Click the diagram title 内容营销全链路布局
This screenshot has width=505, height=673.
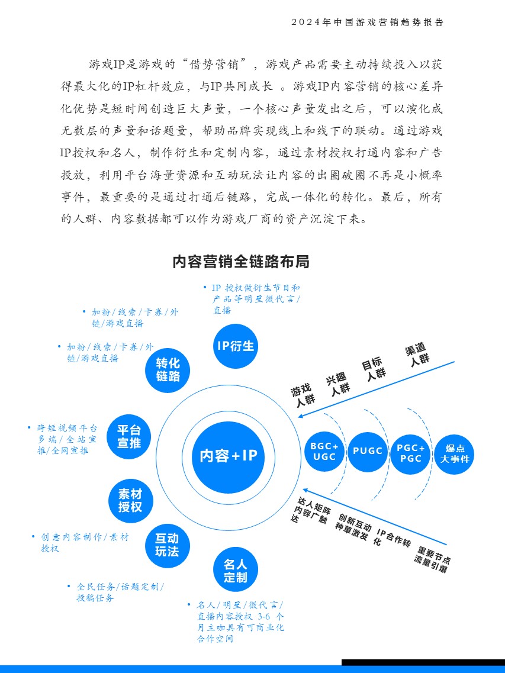pos(241,262)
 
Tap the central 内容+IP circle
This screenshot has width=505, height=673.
pos(228,456)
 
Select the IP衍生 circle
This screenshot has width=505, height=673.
pos(236,346)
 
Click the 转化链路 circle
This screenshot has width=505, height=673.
pos(168,369)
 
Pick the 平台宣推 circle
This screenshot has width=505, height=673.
pos(129,436)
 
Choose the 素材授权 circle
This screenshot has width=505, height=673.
pos(130,501)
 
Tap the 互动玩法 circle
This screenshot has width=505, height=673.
pos(167,545)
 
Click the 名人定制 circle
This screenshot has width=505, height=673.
pos(236,570)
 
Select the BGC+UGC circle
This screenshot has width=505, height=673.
pos(324,452)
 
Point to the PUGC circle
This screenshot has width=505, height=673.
pos(368,452)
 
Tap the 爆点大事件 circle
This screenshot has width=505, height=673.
pos(454,453)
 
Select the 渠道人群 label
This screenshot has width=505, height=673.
pos(417,355)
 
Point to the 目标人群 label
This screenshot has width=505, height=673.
pos(375,369)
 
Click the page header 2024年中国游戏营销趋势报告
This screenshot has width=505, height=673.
pos(368,22)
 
